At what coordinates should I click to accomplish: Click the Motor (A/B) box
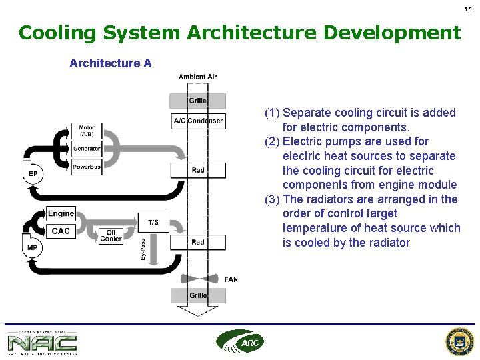point(87,131)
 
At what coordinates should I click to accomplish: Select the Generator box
point(87,149)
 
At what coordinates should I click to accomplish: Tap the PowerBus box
point(87,167)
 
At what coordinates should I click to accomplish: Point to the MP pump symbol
point(32,247)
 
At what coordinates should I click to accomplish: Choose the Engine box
point(61,213)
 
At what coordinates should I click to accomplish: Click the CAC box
point(61,231)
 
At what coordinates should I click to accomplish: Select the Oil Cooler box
point(111,235)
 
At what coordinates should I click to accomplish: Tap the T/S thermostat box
point(153,222)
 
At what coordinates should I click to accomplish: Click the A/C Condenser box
point(198,121)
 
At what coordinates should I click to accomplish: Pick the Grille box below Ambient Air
point(198,101)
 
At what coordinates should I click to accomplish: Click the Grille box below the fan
point(198,295)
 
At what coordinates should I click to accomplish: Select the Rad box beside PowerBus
point(198,170)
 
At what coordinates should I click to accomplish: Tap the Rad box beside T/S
point(198,242)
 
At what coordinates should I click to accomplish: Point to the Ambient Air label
point(197,77)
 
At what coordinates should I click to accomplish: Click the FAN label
point(231,280)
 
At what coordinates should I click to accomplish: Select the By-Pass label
point(143,249)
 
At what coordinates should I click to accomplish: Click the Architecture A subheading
point(111,63)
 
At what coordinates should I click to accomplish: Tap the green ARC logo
point(240,341)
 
